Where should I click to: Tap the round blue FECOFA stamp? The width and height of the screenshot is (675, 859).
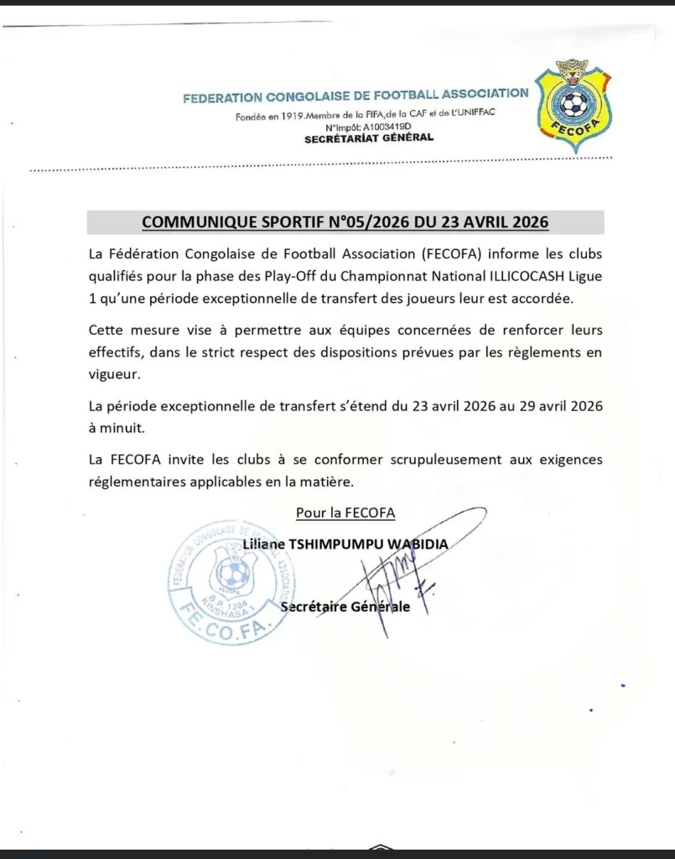pyautogui.click(x=231, y=581)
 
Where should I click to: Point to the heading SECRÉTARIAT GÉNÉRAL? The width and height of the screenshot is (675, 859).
pyautogui.click(x=369, y=138)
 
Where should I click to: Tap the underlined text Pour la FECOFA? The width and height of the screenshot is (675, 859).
pyautogui.click(x=345, y=512)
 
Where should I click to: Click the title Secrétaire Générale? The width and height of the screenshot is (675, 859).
pyautogui.click(x=346, y=606)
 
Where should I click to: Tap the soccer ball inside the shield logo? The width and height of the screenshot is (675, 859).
pyautogui.click(x=574, y=104)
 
